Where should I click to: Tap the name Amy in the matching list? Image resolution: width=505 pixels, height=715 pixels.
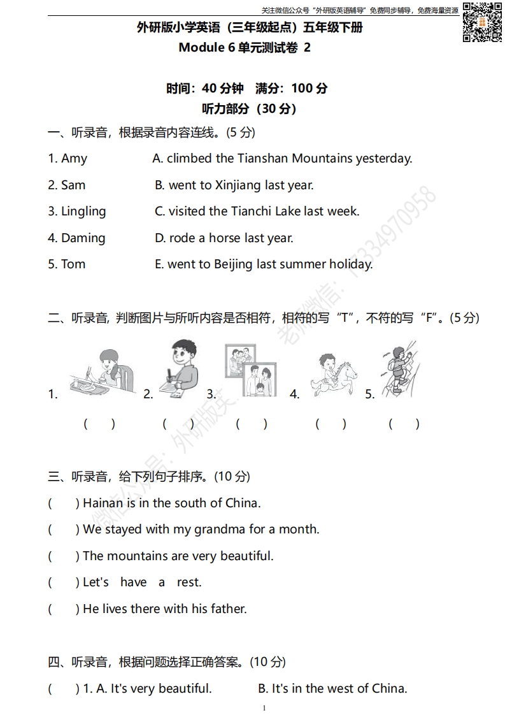[x=74, y=159]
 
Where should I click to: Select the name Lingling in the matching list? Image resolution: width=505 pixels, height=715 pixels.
[x=83, y=212]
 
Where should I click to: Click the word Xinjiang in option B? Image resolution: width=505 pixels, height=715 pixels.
[x=238, y=185]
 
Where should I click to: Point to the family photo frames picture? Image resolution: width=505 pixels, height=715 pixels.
[x=250, y=371]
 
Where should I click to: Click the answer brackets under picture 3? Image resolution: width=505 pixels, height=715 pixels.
[x=252, y=424]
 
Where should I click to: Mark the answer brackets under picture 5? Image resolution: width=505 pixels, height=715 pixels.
[x=404, y=424]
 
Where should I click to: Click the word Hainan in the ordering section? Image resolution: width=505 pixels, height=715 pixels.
[x=103, y=503]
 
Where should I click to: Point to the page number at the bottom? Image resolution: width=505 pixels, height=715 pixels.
[x=264, y=708]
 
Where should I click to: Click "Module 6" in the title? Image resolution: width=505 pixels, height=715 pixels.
[x=208, y=47]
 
